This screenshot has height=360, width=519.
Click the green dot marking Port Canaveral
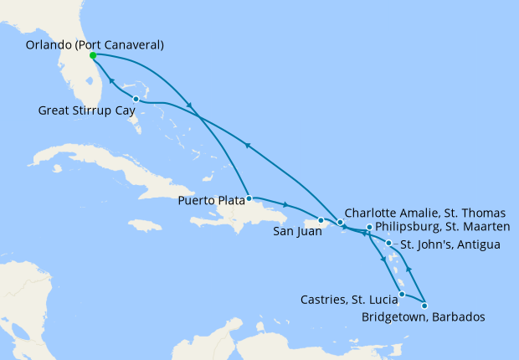92,55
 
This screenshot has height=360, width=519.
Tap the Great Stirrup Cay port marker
136,100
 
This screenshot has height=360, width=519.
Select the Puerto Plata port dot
249,199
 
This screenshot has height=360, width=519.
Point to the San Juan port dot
321,220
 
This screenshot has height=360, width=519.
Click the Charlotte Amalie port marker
340,222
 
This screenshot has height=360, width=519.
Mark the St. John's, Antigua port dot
388,244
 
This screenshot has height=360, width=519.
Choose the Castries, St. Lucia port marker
402,294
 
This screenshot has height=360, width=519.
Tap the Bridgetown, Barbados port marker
424,305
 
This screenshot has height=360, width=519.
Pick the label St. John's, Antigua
450,244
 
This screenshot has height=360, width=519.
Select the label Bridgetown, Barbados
422,316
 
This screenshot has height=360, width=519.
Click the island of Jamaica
146,226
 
